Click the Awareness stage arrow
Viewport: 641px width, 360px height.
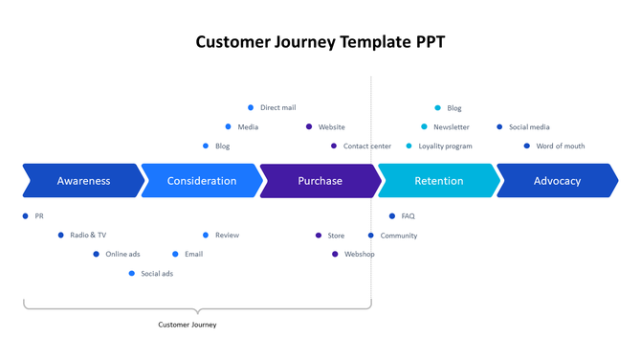click(x=83, y=181)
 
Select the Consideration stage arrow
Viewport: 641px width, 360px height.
click(x=201, y=181)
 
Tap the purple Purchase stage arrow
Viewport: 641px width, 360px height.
click(x=320, y=181)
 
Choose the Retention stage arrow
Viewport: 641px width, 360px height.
click(x=438, y=181)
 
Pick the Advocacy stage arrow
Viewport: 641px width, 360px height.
click(x=557, y=181)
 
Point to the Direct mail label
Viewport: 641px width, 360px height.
click(x=277, y=108)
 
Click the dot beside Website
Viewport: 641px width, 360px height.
click(x=309, y=127)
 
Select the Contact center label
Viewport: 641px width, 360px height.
click(x=366, y=146)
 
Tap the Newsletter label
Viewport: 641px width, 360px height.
click(x=451, y=127)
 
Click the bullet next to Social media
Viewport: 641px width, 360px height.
click(x=499, y=127)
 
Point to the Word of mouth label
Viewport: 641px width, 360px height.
click(x=560, y=146)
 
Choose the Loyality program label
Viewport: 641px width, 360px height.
click(x=445, y=146)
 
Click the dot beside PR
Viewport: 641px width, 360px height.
click(x=26, y=216)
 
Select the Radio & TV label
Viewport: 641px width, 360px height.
click(x=88, y=236)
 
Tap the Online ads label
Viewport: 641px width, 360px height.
click(x=122, y=255)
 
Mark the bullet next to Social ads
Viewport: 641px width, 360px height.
click(x=132, y=274)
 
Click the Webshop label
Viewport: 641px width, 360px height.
click(x=360, y=255)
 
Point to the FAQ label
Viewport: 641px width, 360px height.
click(x=408, y=216)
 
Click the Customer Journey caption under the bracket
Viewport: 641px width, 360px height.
click(x=188, y=325)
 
